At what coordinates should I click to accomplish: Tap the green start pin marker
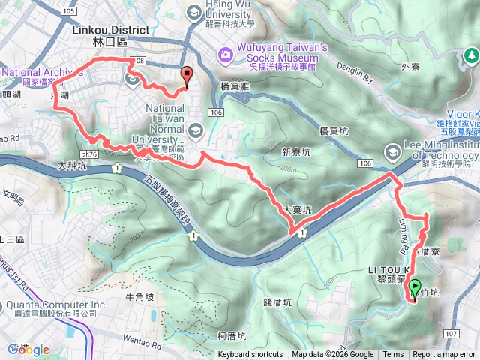tap(415, 286)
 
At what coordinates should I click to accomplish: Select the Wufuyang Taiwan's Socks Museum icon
tap(224, 54)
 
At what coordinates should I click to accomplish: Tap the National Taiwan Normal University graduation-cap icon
tap(196, 131)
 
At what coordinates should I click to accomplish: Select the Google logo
tap(28, 349)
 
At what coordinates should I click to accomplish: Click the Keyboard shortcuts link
tap(250, 355)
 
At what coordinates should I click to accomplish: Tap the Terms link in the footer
tap(393, 355)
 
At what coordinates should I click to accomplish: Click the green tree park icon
tap(471, 55)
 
